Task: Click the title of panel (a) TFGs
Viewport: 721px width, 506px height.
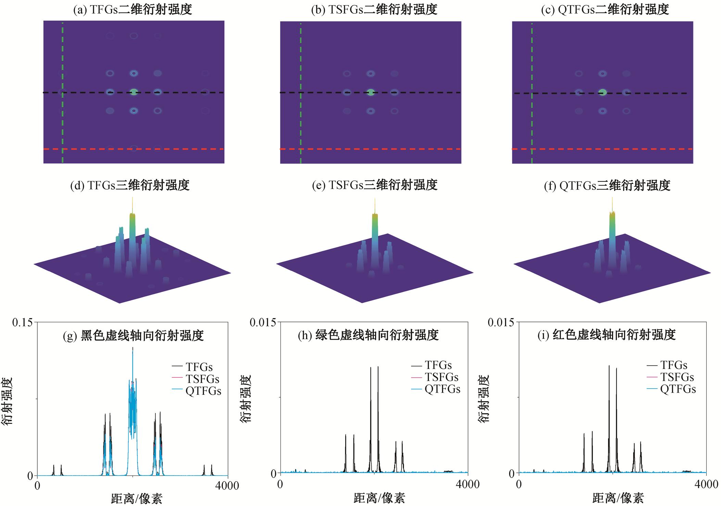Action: [x=133, y=10]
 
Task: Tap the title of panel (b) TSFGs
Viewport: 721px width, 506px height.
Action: [x=374, y=10]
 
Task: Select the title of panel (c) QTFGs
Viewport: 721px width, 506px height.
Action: [x=605, y=10]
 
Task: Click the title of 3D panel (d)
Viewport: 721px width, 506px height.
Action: [x=130, y=185]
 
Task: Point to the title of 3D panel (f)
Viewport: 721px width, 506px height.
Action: [x=607, y=185]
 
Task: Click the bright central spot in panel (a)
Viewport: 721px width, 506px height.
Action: [x=134, y=92]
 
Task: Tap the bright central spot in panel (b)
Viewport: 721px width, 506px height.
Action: [x=371, y=92]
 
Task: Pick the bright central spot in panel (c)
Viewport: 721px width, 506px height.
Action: [x=603, y=92]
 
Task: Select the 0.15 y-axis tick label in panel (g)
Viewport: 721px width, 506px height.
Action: [x=23, y=322]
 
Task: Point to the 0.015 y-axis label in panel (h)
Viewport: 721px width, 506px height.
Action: [x=263, y=322]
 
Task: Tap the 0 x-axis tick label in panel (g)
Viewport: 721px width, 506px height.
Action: [x=37, y=486]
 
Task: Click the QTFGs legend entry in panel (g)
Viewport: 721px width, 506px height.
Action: [x=203, y=391]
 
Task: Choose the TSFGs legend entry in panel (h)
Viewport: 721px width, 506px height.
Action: [x=442, y=377]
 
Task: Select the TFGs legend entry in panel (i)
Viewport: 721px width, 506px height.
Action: [x=673, y=365]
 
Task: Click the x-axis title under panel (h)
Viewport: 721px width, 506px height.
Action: [x=379, y=498]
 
